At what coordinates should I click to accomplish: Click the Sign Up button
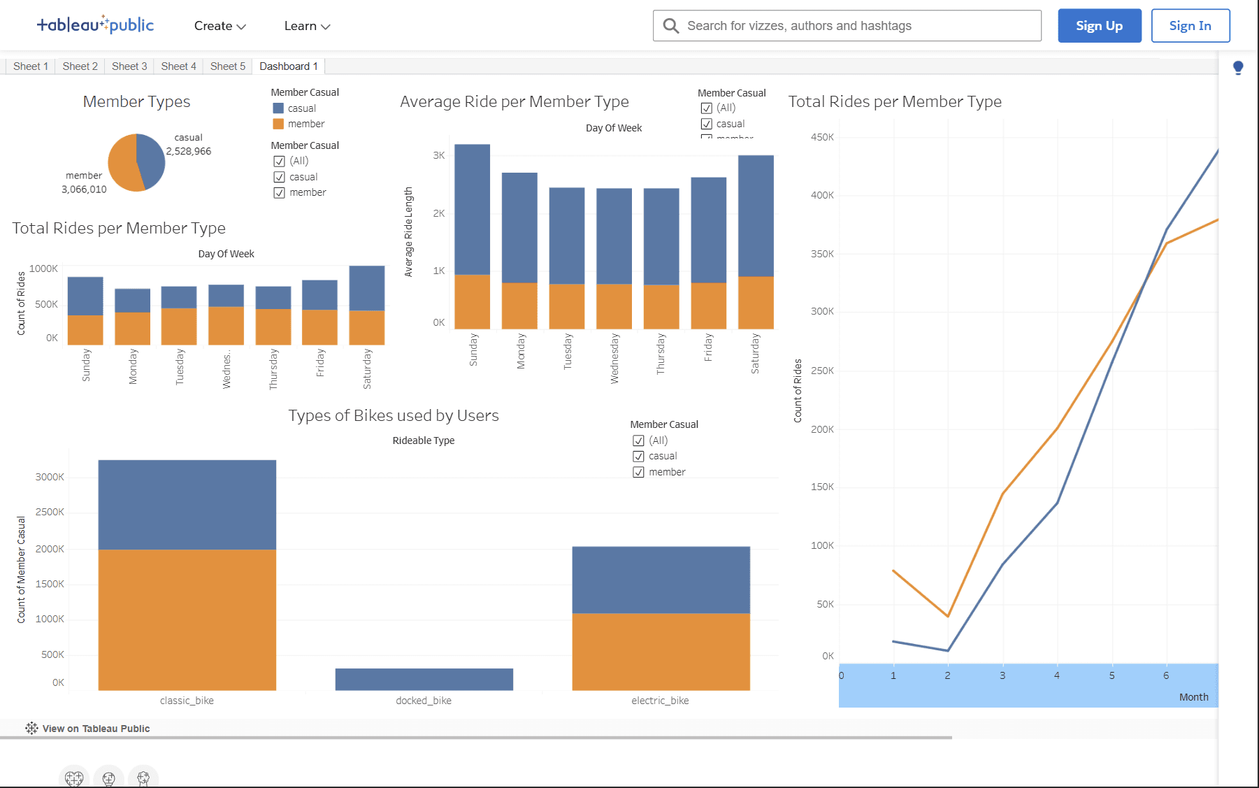(x=1099, y=26)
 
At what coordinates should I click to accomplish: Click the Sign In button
(x=1190, y=26)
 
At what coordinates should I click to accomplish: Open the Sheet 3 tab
(x=129, y=66)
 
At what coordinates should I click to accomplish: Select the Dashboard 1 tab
(x=288, y=66)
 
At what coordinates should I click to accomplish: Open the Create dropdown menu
(x=220, y=26)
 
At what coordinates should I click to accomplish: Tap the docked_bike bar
(x=424, y=679)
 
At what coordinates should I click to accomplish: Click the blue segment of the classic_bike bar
(x=187, y=504)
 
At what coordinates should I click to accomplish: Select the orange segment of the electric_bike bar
(x=661, y=651)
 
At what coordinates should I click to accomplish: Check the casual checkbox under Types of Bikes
(x=638, y=457)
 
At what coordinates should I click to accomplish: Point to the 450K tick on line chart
(x=822, y=137)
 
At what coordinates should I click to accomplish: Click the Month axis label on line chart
(x=1193, y=697)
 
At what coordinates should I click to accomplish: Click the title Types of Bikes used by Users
(x=394, y=415)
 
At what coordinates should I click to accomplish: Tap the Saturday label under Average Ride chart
(x=755, y=353)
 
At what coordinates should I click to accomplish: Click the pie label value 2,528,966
(x=189, y=151)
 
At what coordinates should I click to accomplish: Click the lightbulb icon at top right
(x=1238, y=68)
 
